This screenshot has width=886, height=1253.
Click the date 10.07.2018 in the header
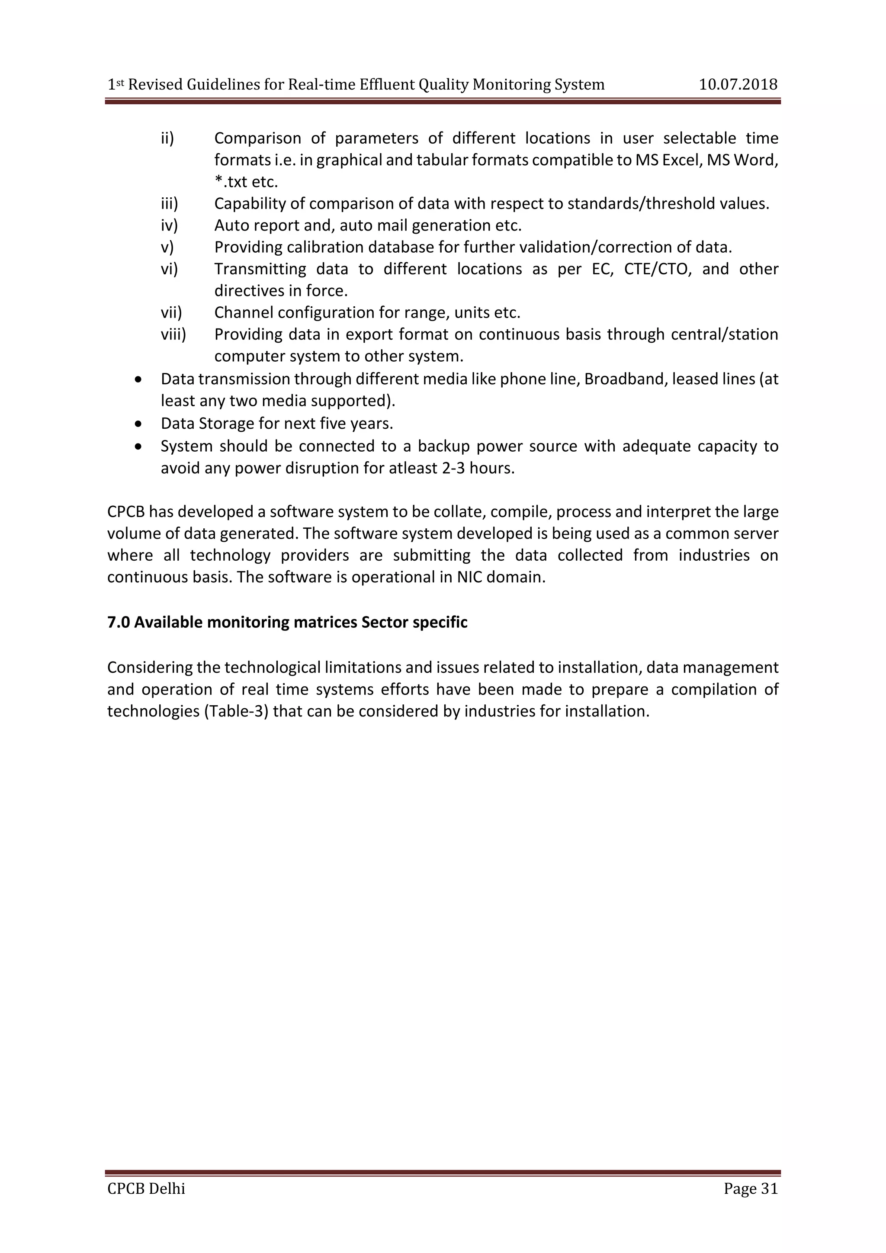(x=738, y=85)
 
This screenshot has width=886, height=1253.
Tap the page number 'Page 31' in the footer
(x=750, y=1188)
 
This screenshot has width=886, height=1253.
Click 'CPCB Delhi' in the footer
(x=146, y=1188)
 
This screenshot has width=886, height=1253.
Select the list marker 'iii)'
(x=169, y=203)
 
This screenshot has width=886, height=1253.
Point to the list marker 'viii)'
(x=173, y=334)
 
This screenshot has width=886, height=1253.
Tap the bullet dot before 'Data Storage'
(x=140, y=424)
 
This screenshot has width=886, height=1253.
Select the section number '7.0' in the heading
(x=119, y=622)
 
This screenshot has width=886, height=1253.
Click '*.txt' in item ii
(x=232, y=182)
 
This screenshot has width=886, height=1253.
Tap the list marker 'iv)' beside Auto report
(x=169, y=225)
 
